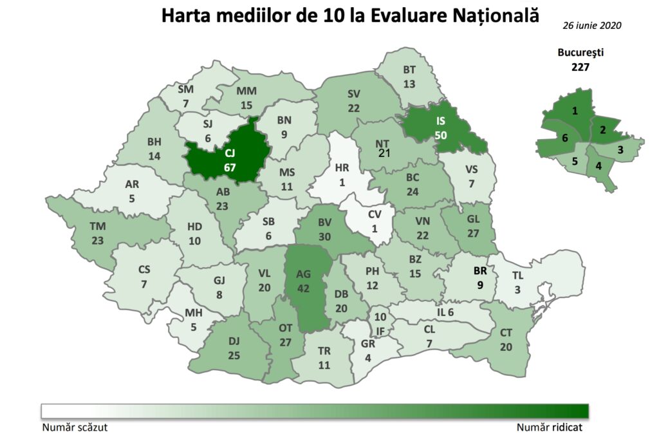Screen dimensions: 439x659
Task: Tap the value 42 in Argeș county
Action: pos(304,288)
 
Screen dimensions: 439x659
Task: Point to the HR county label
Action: pos(342,168)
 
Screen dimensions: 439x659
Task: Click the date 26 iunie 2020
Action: pos(592,26)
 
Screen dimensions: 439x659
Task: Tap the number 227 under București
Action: pos(580,66)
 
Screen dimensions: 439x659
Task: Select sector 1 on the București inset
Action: pos(575,111)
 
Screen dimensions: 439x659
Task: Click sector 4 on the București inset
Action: pos(599,165)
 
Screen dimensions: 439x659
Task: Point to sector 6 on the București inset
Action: pos(564,138)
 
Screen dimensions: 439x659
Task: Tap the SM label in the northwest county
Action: pos(185,90)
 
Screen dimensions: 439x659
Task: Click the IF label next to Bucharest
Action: pos(380,331)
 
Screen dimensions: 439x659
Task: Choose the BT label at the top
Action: pos(410,70)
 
